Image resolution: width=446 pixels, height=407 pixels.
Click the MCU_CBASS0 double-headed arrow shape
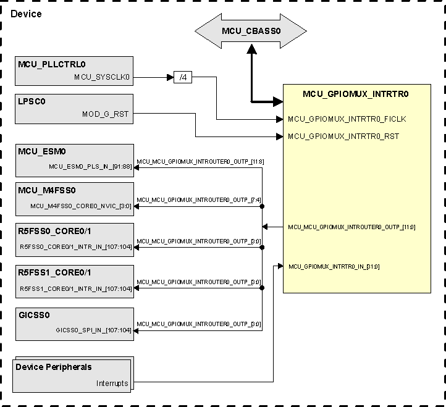pyautogui.click(x=251, y=31)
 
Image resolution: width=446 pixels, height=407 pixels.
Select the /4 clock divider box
pyautogui.click(x=183, y=77)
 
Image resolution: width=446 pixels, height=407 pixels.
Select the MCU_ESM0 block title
pyautogui.click(x=42, y=152)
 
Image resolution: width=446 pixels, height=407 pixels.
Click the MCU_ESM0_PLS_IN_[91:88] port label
pyautogui.click(x=90, y=167)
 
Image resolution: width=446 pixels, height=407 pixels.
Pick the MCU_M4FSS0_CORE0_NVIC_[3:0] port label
pyautogui.click(x=80, y=206)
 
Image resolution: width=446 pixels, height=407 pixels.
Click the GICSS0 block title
pyautogui.click(x=34, y=315)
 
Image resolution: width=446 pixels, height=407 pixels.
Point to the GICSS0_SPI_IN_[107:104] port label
pyautogui.click(x=93, y=330)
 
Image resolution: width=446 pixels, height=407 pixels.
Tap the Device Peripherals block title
pyautogui.click(x=54, y=367)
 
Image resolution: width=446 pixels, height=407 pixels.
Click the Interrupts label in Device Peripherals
pyautogui.click(x=112, y=383)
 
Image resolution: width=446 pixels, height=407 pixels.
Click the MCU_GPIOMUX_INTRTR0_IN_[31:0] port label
pyautogui.click(x=334, y=267)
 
